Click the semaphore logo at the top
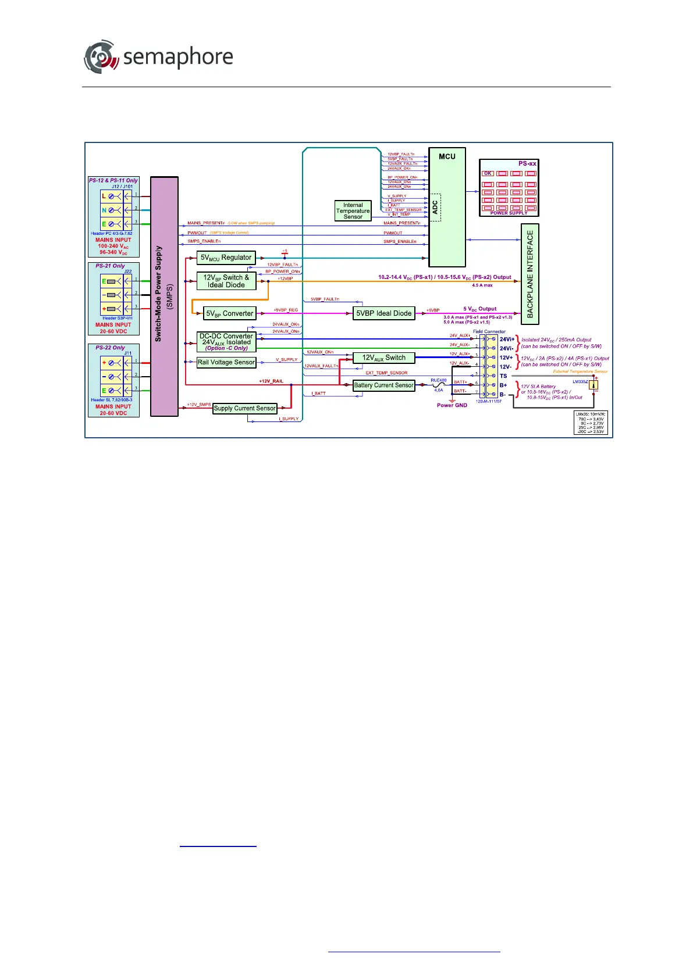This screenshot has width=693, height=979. [x=158, y=57]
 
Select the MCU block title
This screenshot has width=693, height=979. [x=447, y=156]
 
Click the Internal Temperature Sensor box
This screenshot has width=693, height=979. [x=353, y=210]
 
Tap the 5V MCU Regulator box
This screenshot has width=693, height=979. [x=226, y=258]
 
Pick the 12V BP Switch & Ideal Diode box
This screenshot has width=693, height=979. [x=226, y=281]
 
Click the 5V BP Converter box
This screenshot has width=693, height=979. [x=229, y=313]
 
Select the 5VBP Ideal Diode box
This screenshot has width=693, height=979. [x=383, y=313]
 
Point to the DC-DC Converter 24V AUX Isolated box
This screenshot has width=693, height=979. [x=226, y=342]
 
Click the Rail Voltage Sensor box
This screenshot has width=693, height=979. [x=226, y=362]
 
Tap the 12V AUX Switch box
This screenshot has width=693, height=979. [x=383, y=358]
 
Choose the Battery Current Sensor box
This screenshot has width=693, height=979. [x=383, y=385]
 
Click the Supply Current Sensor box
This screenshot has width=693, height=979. [x=244, y=408]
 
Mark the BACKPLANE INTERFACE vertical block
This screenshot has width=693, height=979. [x=529, y=274]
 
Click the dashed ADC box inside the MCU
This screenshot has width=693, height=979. [x=434, y=208]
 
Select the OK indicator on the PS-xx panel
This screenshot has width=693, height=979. [x=488, y=173]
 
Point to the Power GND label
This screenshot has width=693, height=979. [x=452, y=405]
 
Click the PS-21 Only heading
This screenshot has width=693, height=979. [x=110, y=266]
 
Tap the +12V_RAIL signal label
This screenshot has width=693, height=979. [x=271, y=381]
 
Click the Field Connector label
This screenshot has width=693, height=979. [x=489, y=331]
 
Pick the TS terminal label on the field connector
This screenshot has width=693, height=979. [x=503, y=376]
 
